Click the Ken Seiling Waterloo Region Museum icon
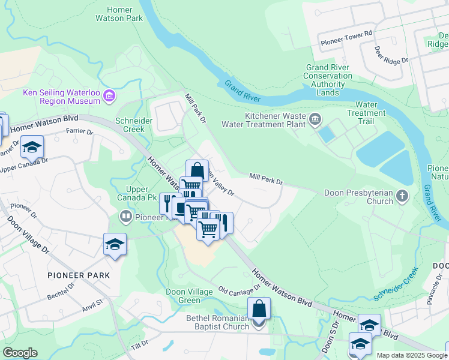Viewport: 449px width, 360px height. click(x=109, y=96)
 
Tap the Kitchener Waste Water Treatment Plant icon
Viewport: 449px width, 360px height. click(x=315, y=120)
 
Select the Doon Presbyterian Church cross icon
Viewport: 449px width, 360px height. click(x=402, y=197)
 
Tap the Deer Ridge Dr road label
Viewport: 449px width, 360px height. click(x=391, y=56)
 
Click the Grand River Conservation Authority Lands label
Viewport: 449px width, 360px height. click(x=328, y=80)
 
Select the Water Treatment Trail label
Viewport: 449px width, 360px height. click(x=366, y=113)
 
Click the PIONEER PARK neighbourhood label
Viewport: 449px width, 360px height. click(x=80, y=275)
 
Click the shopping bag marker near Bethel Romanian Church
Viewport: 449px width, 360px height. click(x=259, y=310)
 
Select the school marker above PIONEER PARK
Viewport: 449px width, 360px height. click(x=115, y=244)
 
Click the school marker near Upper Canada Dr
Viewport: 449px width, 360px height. click(x=32, y=147)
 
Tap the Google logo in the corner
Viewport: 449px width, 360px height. click(x=20, y=353)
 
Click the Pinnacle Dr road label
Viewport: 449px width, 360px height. click(x=435, y=292)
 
